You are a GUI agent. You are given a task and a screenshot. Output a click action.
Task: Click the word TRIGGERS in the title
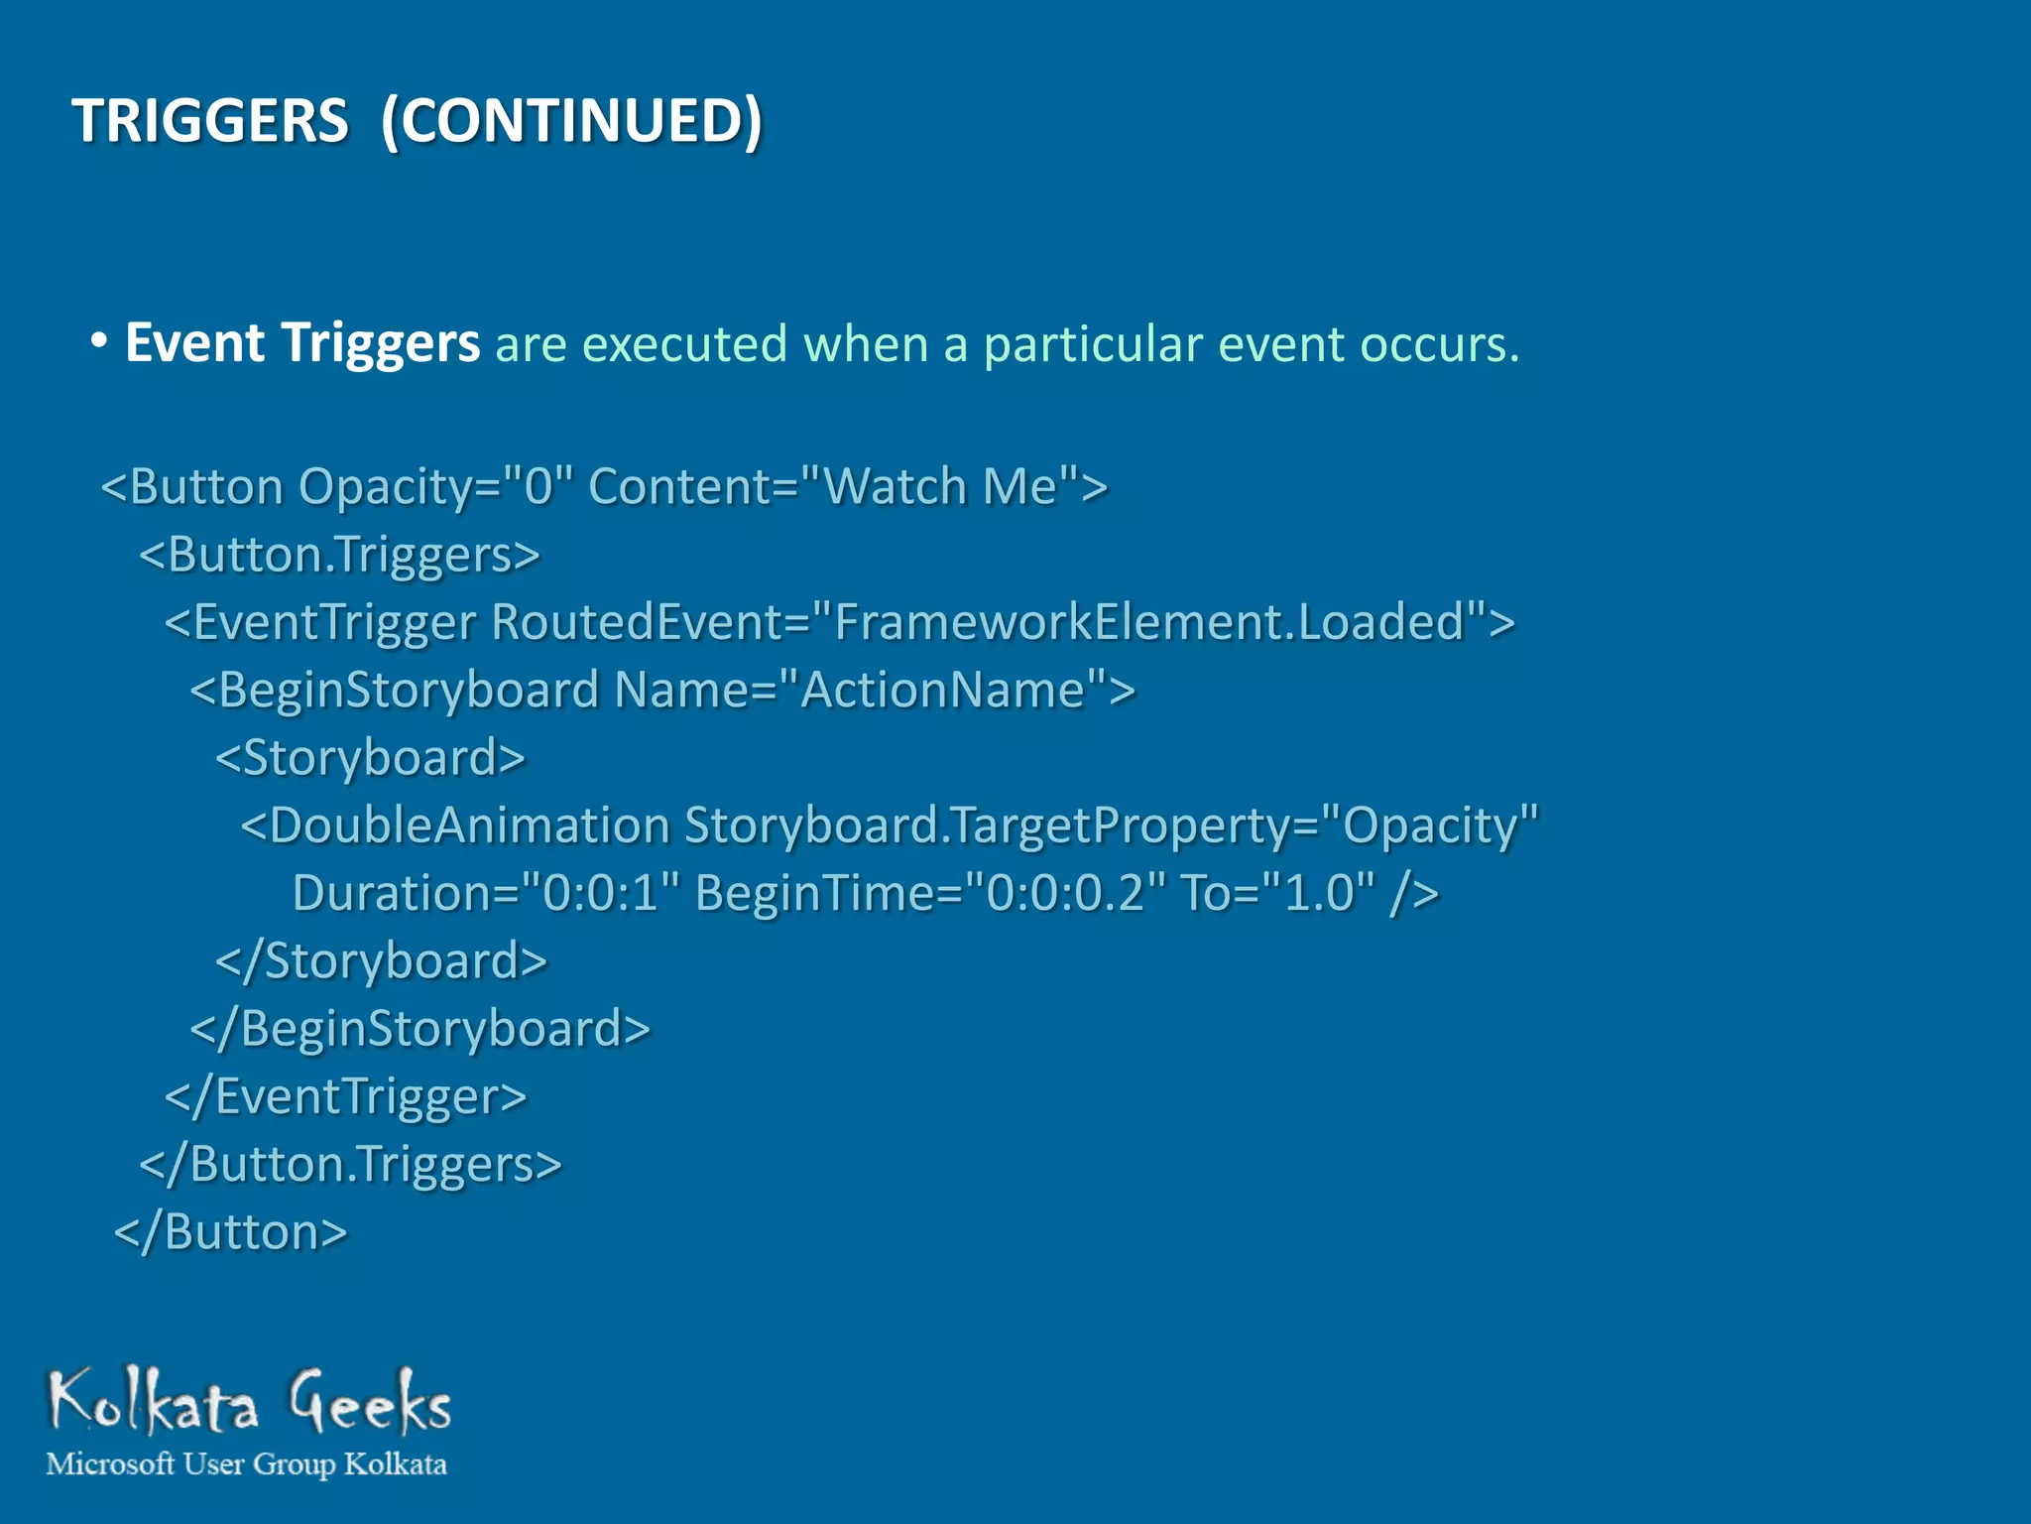210,121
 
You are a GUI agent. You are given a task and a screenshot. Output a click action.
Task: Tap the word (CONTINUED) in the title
571,121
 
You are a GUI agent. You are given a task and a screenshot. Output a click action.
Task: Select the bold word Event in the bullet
194,343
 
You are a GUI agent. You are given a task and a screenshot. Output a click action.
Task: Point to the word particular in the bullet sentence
1093,345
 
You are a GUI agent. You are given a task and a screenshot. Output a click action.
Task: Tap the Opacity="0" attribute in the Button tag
436,487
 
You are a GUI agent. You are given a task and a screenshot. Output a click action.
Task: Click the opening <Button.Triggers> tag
340,555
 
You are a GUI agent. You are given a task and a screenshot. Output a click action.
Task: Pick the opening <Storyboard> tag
370,758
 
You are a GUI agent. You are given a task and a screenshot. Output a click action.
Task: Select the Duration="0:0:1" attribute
487,893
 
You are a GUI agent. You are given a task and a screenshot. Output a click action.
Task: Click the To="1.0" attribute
1278,893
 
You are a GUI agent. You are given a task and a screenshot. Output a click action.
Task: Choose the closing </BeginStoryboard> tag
419,1029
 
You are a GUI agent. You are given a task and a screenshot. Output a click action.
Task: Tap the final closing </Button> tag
231,1232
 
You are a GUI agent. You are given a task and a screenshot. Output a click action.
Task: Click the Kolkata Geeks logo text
249,1401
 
